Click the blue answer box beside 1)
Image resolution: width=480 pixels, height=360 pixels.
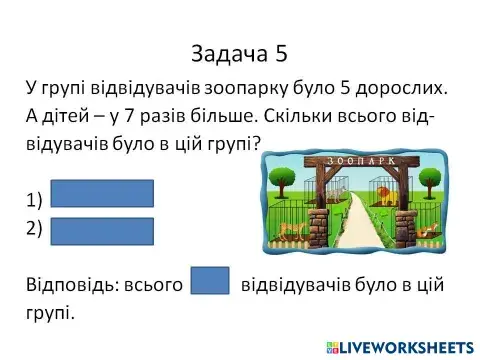pos(102,194)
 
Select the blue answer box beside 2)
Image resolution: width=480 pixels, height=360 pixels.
pos(102,230)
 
